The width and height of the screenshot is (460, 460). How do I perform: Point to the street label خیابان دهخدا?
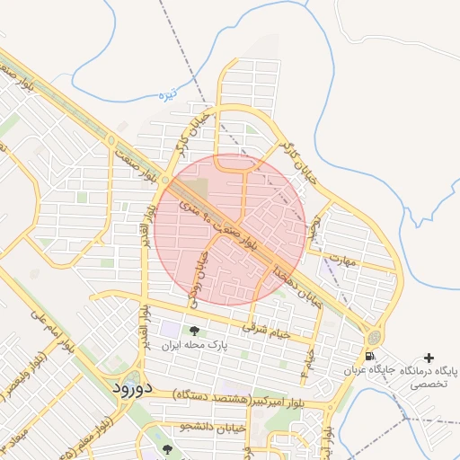(297, 283)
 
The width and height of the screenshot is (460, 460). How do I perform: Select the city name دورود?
(136, 388)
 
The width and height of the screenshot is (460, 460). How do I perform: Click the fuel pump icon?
(370, 367)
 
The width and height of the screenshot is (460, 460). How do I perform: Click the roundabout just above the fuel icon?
(372, 338)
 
